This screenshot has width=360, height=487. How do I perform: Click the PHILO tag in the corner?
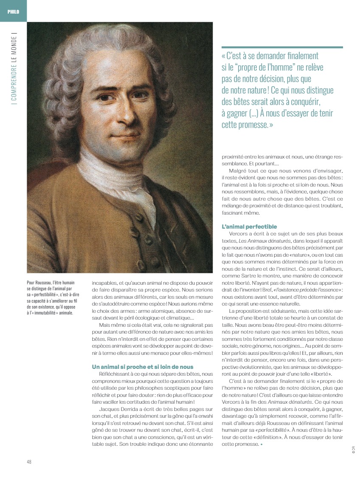(x=13, y=11)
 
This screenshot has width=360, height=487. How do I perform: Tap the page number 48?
(x=29, y=462)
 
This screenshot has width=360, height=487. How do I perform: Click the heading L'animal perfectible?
(x=249, y=227)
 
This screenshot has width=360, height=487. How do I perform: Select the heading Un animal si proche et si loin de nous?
(x=143, y=366)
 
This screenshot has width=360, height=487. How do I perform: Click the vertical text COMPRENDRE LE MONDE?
(x=14, y=68)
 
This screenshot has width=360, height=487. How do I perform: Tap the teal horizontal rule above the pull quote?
(x=282, y=47)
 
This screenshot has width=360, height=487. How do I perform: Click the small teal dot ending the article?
(x=262, y=445)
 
